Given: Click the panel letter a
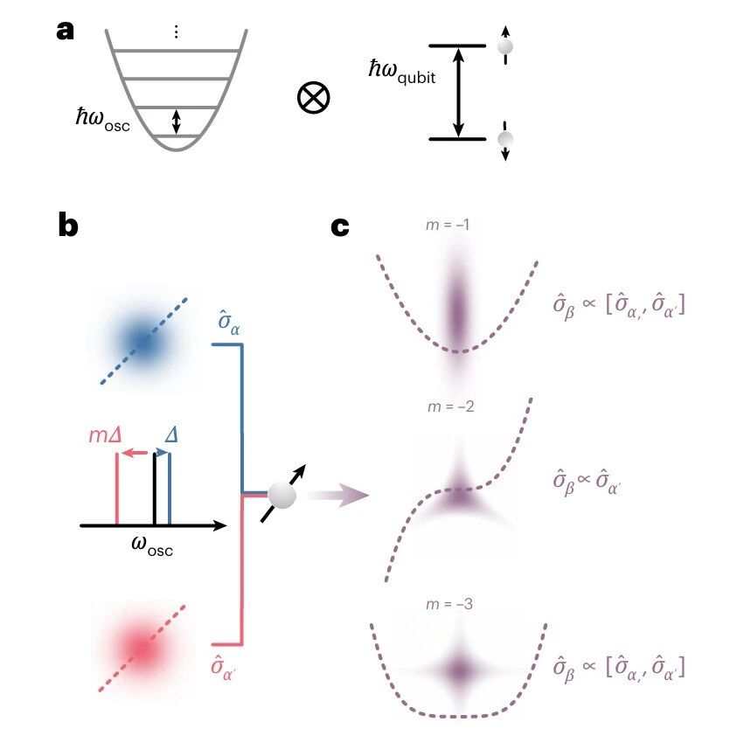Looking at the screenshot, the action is click(x=66, y=31).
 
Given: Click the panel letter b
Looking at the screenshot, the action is click(x=68, y=225).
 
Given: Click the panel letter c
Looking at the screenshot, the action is click(x=340, y=226).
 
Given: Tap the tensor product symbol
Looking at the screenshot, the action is click(x=313, y=98).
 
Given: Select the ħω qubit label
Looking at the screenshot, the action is click(x=402, y=73).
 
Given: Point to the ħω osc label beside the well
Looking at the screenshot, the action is click(x=103, y=120).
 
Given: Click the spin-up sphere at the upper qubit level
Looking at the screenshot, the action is click(x=505, y=46).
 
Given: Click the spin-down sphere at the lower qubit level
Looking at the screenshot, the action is click(x=505, y=139).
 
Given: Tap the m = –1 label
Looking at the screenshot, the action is click(x=448, y=225).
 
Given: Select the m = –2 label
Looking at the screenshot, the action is click(x=450, y=406).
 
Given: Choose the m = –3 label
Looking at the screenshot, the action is click(x=449, y=604).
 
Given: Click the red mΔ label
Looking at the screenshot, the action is click(x=105, y=435).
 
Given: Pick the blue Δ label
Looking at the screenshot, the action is click(x=171, y=434).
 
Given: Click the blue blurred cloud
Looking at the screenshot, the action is click(x=143, y=342).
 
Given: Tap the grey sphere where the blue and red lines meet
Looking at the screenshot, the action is click(x=282, y=495).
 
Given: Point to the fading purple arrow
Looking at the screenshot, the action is click(x=338, y=495).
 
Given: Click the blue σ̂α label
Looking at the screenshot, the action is click(x=229, y=322).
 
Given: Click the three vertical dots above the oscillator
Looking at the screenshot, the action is click(x=176, y=31).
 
